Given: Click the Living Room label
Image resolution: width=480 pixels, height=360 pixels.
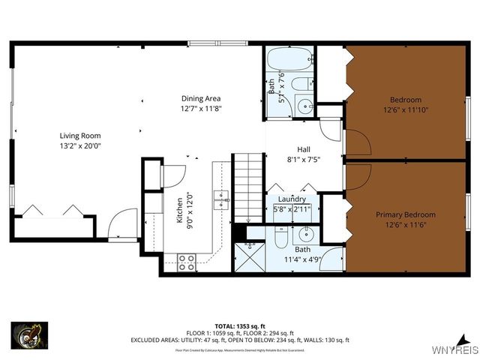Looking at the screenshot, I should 80,136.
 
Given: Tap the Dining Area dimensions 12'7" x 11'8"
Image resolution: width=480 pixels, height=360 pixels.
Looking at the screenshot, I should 201,109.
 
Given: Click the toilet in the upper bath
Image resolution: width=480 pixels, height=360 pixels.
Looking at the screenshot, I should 302,83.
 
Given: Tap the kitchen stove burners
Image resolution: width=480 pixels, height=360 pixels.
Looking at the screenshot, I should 187,262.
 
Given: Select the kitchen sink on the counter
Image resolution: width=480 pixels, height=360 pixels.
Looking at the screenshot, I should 221,198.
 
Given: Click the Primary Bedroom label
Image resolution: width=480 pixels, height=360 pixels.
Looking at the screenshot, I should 405,214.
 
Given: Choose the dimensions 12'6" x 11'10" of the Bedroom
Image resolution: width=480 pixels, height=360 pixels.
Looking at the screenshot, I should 405,109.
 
